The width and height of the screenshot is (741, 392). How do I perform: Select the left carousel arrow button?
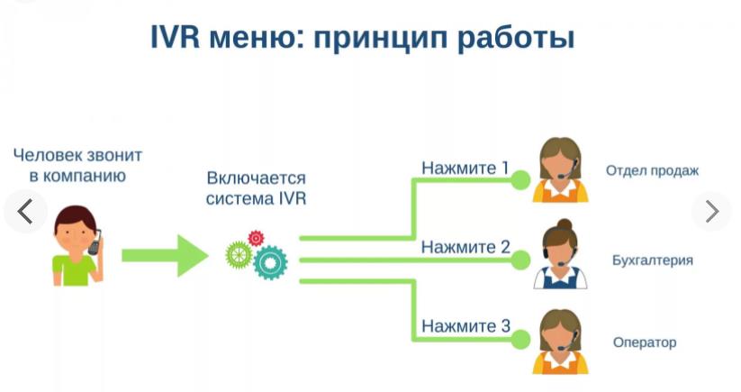click(25, 211)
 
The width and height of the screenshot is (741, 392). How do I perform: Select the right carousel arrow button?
click(712, 211)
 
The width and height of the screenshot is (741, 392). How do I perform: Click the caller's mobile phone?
click(95, 242)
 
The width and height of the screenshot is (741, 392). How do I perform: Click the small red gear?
click(256, 237)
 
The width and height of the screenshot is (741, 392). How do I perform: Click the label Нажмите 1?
click(465, 168)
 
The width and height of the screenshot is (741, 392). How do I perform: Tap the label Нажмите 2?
click(465, 247)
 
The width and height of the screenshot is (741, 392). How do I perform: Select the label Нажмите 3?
click(465, 326)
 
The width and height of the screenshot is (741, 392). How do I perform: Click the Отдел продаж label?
click(652, 170)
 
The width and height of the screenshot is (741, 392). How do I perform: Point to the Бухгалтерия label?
click(653, 260)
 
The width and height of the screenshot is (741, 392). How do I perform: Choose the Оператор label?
click(644, 342)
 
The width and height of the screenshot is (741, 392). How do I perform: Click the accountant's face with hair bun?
click(562, 246)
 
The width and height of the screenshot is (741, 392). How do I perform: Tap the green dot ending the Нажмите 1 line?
click(520, 180)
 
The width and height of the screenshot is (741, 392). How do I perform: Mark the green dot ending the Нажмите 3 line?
click(520, 341)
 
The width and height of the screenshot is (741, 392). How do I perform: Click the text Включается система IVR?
click(256, 188)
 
